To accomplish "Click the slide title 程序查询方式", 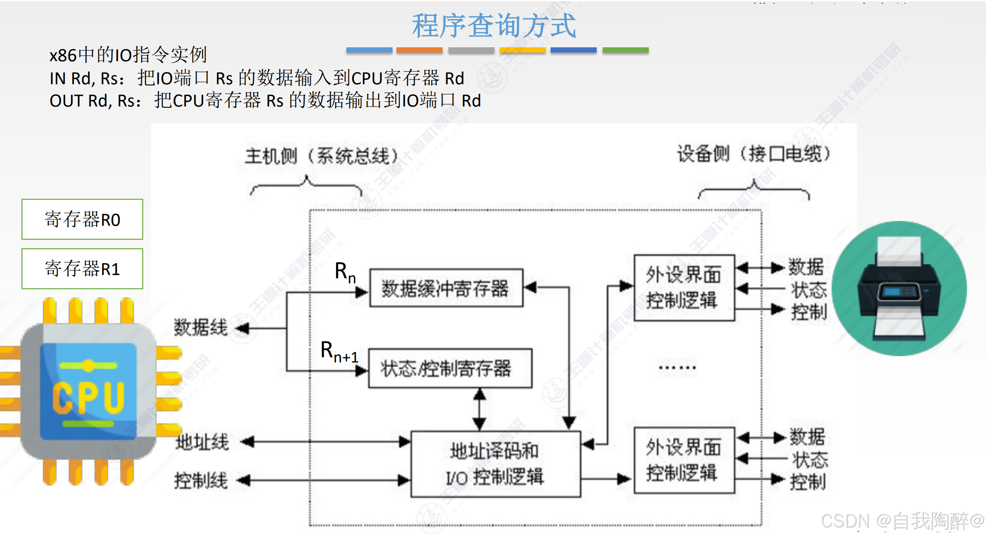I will tap(493, 25).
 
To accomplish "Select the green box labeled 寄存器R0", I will tap(82, 219).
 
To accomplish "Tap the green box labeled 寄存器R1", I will tap(82, 269).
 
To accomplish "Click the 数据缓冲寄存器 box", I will tap(446, 288).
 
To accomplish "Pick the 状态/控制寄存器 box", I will tap(450, 368).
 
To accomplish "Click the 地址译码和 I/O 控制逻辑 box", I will tap(495, 464).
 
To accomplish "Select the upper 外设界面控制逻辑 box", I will tap(684, 288).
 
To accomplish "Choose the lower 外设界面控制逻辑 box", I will tap(684, 460).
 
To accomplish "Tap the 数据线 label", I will tap(201, 328).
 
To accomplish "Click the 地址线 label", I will tap(202, 442).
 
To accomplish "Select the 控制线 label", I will tap(201, 480).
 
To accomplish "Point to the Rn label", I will tap(345, 273).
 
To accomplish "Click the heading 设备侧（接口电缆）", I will tap(754, 154).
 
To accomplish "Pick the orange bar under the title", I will tap(419, 50).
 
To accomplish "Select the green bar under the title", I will tap(625, 50).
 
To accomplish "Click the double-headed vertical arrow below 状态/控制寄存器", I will tap(479, 409).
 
